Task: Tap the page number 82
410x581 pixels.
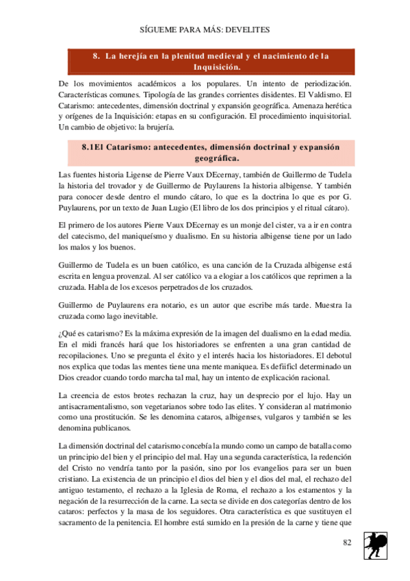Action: click(346, 543)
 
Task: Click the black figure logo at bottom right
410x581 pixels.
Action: click(375, 545)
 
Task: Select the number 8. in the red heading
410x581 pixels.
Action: click(97, 56)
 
